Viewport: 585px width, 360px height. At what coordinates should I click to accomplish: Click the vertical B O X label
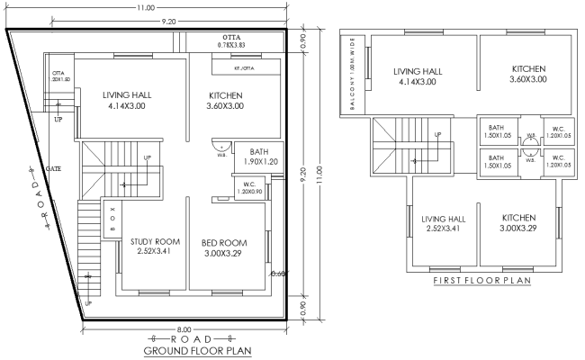point(111,219)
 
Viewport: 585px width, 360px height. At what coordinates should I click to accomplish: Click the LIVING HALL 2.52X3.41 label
point(445,224)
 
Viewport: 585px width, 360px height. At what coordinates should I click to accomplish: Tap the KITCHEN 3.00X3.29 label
point(519,224)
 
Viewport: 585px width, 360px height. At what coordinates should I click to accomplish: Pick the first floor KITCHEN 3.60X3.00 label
point(529,74)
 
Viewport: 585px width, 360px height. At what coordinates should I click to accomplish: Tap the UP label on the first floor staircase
point(437,135)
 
